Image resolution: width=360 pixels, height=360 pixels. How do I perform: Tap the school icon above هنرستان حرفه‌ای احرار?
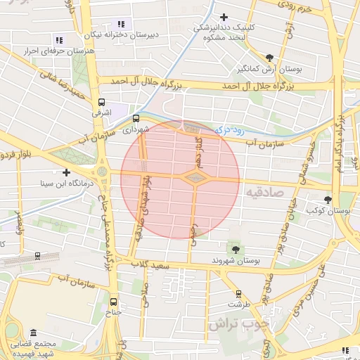[58, 41]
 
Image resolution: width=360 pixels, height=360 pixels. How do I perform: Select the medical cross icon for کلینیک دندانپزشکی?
[224, 17]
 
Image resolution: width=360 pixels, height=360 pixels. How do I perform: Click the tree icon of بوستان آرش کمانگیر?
[270, 58]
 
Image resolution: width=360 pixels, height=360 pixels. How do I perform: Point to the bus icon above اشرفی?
[103, 101]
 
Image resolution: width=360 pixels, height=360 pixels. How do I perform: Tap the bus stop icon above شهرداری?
[135, 119]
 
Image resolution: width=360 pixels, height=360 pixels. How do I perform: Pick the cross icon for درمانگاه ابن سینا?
[66, 172]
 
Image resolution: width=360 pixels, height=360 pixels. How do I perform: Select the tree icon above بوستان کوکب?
[328, 200]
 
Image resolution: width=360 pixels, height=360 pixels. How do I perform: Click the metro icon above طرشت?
[238, 294]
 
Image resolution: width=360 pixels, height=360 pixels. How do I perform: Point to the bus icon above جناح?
[113, 303]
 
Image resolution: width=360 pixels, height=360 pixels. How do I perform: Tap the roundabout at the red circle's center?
[193, 178]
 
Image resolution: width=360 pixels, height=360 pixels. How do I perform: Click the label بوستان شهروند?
[236, 261]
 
